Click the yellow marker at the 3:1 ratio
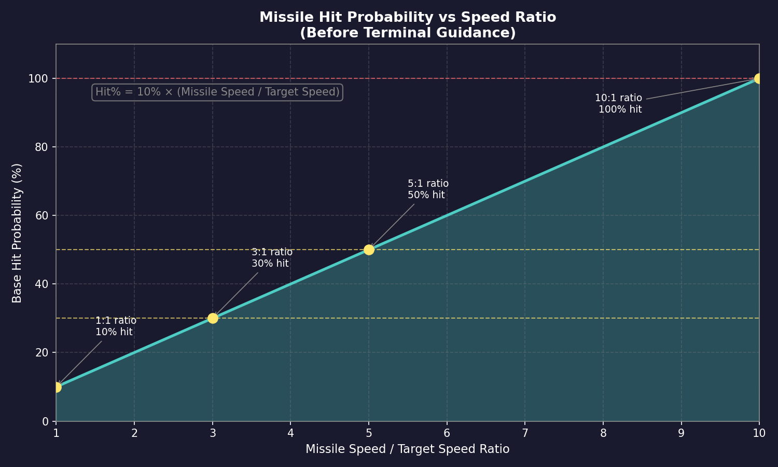point(213,318)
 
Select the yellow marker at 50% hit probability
point(369,250)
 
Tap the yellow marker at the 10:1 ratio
point(759,78)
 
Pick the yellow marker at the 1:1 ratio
point(57,387)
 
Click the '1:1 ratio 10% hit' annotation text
point(116,326)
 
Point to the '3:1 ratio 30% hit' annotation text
point(272,258)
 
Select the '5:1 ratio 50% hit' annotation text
point(428,189)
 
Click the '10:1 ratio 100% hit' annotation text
point(618,104)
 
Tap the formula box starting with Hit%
point(217,92)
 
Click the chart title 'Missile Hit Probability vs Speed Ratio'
point(408,17)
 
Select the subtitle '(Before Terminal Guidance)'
point(408,33)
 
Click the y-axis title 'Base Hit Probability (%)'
point(17,233)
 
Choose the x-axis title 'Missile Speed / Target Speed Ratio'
point(408,449)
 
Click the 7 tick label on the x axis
point(525,433)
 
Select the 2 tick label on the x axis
point(134,433)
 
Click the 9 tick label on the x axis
point(681,433)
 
